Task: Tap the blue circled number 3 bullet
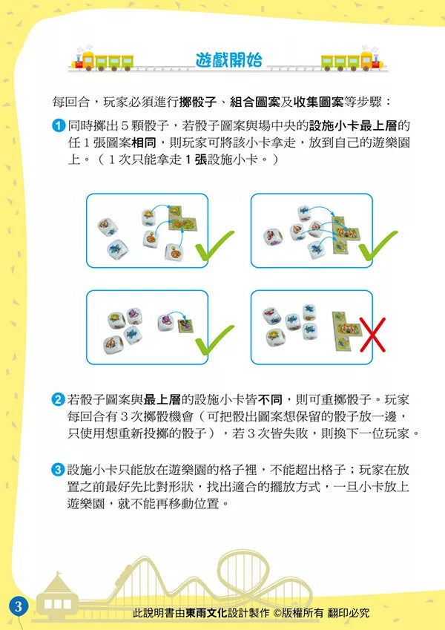(x=59, y=470)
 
